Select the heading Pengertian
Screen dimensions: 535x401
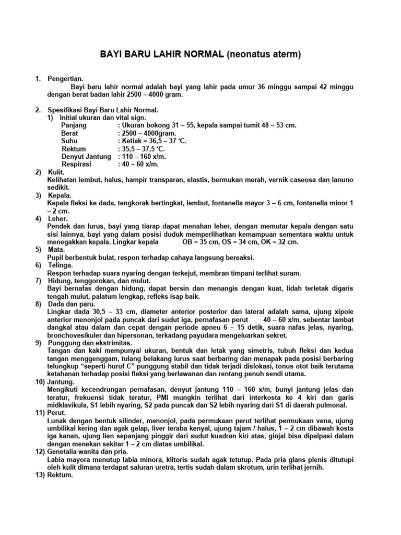coord(65,78)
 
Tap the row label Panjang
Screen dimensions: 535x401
coord(74,125)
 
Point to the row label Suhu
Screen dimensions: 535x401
coord(70,141)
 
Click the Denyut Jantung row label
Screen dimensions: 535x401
coord(86,156)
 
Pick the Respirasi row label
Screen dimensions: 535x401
coord(76,164)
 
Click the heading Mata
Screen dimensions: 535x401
coord(56,250)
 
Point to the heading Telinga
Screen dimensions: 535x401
coord(60,265)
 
